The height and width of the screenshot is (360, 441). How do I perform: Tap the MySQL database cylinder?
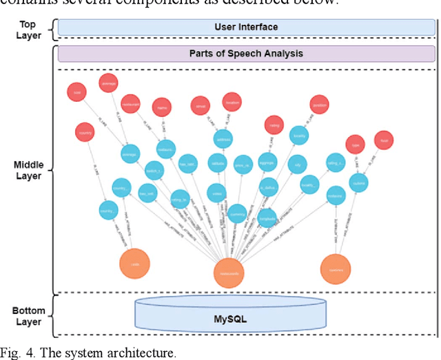coord(230,319)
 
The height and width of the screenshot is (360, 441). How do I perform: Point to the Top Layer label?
coord(28,30)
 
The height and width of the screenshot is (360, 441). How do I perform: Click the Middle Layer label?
coord(28,170)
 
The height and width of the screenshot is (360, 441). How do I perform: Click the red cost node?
coord(76,92)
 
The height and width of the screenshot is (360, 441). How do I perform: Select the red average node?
coord(108,81)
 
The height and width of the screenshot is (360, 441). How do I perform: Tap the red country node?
coord(85,131)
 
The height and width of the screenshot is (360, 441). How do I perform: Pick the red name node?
coord(163,108)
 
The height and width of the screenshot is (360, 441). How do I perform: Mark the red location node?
coord(232,103)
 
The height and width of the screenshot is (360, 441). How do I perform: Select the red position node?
coord(320,105)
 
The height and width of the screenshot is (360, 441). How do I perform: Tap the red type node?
coord(356,145)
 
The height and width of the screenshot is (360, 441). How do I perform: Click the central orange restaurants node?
coord(229,272)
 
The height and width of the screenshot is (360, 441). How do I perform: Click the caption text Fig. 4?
coord(16,353)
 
